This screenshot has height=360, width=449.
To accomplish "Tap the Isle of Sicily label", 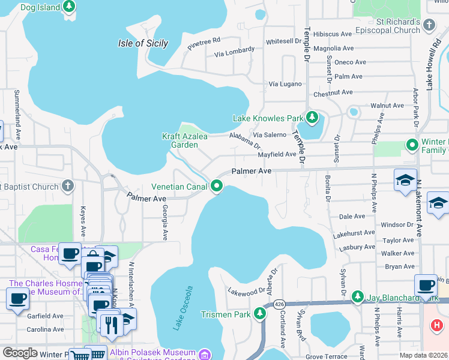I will (x=143, y=43).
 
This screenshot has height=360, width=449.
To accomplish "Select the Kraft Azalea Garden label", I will (x=184, y=140).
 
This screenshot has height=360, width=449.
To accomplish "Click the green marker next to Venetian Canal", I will (x=216, y=187).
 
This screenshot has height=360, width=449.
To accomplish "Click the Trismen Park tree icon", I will (x=260, y=313).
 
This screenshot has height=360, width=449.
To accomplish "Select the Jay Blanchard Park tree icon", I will (x=358, y=296).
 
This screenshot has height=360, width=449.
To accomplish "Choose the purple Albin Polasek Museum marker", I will (x=205, y=355).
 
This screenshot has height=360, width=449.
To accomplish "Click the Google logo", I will (x=20, y=353).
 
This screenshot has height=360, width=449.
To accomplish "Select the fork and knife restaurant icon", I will (x=111, y=325).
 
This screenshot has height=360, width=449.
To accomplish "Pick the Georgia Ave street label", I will (x=163, y=222).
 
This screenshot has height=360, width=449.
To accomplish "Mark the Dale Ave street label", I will (x=352, y=217).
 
